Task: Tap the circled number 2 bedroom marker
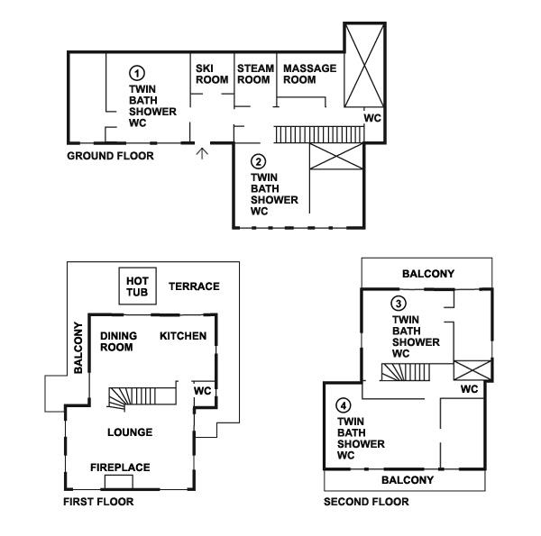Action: coord(259,162)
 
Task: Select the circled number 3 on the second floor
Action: coord(399,304)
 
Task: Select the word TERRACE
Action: coord(194,286)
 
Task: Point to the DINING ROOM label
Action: coord(118,341)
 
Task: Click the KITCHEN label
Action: coord(183,336)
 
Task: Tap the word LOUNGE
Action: coord(129,432)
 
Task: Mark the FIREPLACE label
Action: coord(119,467)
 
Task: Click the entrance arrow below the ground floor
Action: coord(203,153)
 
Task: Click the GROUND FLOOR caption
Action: coord(111,156)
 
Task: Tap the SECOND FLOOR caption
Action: coord(366,502)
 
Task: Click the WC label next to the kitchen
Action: coord(203,391)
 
